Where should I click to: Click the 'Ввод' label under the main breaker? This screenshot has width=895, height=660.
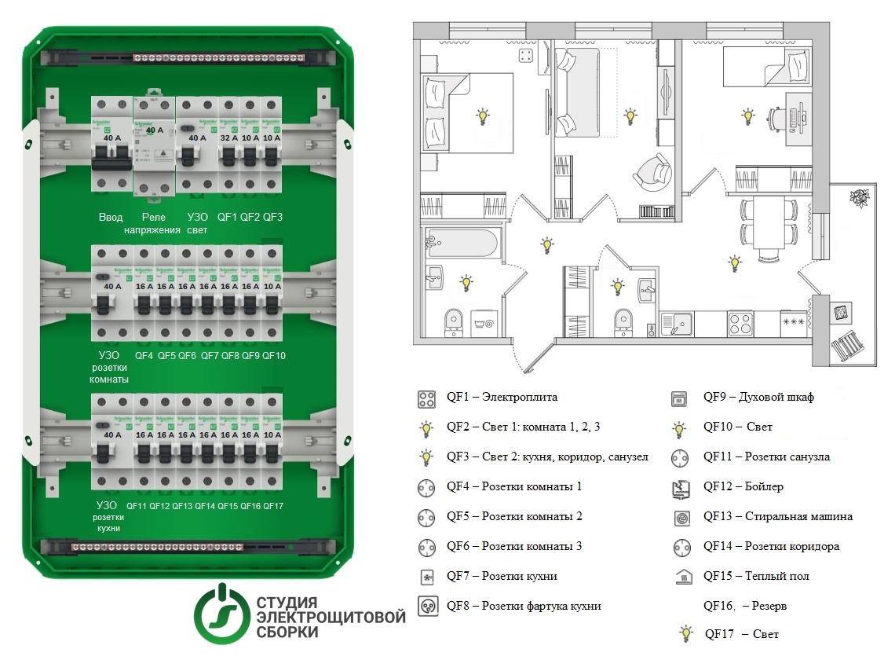tap(110, 218)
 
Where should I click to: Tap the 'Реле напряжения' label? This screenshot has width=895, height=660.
tap(153, 224)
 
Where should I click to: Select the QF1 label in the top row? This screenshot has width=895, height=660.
tap(227, 218)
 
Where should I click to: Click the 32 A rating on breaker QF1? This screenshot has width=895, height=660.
tap(228, 138)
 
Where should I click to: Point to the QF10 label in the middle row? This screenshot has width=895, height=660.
tap(274, 356)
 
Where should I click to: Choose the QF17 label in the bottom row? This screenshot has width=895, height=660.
tap(274, 506)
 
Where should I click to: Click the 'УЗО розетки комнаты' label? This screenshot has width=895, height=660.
tap(109, 368)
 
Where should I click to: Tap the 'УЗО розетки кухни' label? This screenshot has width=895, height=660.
tap(109, 518)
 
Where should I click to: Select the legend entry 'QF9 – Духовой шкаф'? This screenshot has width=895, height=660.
tap(758, 398)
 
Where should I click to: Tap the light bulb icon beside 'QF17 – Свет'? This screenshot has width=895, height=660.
tap(686, 633)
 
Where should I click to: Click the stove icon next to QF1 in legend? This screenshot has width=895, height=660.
tap(426, 398)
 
